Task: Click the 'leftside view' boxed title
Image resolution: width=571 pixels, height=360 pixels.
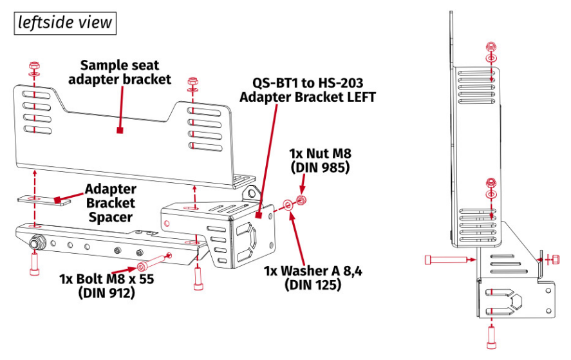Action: click(x=65, y=23)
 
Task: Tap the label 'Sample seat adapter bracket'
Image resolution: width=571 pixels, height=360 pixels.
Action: click(x=120, y=72)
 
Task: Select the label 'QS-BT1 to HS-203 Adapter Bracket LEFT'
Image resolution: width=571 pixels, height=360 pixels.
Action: click(x=307, y=90)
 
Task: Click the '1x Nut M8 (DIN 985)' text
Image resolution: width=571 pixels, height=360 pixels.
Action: click(x=319, y=160)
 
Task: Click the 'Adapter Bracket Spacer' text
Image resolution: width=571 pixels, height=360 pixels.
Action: click(x=110, y=203)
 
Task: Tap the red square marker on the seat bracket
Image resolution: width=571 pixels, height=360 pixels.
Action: click(x=120, y=130)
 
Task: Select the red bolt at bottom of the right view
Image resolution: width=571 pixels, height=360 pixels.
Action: click(x=491, y=336)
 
